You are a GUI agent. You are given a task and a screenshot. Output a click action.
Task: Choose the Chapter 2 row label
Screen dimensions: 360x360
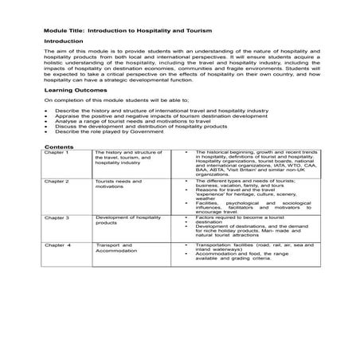point(57,182)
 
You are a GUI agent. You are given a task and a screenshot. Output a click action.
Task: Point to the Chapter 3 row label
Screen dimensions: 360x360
point(57,217)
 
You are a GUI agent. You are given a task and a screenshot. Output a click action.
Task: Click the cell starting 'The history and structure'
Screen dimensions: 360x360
point(128,156)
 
